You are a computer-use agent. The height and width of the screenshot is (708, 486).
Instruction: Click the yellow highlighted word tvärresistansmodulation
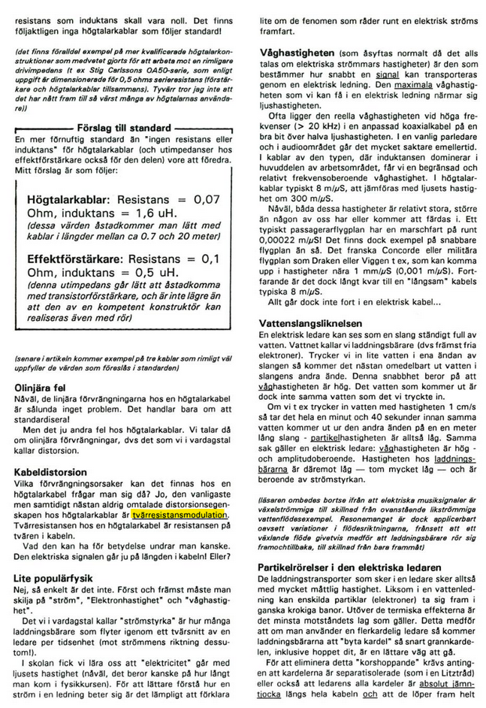[x=180, y=516]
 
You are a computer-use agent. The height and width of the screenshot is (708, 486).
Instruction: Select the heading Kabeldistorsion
[x=51, y=473]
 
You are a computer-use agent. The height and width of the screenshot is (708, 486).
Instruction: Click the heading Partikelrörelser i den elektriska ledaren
[x=354, y=569]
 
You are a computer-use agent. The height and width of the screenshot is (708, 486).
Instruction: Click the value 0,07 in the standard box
[x=207, y=201]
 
